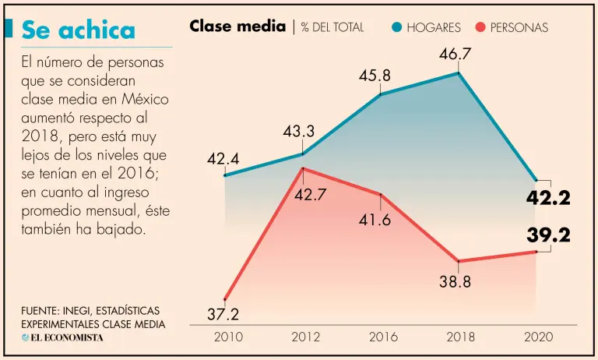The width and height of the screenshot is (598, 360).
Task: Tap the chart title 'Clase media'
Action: (x=237, y=26)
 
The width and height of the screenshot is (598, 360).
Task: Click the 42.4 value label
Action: (x=223, y=159)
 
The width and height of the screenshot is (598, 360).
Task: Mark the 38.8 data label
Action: (x=455, y=282)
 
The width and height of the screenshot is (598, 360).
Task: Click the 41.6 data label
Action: (x=375, y=219)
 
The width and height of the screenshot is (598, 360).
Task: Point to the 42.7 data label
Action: (x=309, y=195)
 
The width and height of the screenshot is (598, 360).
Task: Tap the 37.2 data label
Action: (x=223, y=314)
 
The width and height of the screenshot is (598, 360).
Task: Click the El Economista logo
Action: (x=62, y=337)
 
